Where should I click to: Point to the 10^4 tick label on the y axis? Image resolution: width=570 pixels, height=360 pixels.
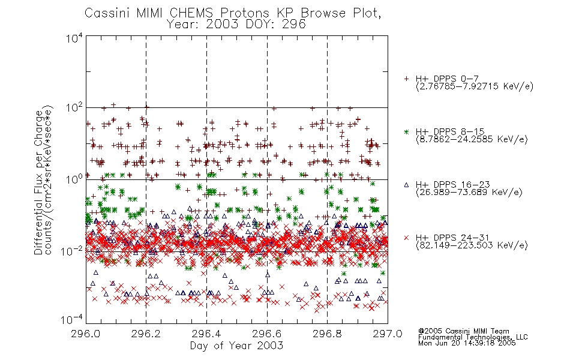(74, 38)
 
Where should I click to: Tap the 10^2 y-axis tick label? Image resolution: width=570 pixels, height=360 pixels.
(74, 108)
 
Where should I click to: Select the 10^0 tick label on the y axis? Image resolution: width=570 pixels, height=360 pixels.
(74, 179)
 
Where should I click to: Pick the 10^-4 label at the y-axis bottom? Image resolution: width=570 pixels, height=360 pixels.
(72, 320)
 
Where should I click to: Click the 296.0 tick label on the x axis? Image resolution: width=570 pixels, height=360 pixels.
(86, 334)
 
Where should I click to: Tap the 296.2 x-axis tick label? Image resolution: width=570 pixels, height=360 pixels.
(146, 334)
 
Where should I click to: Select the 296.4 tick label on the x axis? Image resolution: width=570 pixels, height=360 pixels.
(206, 334)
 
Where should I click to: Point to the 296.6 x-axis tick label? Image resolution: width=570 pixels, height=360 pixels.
(267, 334)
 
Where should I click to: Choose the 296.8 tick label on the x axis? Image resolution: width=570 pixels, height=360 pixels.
(327, 334)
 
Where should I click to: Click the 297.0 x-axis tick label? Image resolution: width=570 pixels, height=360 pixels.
(388, 334)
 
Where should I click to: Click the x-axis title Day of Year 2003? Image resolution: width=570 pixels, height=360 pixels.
(236, 346)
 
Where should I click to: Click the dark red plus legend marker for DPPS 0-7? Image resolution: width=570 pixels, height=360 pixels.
(406, 78)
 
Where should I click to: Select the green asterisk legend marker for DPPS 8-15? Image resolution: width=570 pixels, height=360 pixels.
(406, 131)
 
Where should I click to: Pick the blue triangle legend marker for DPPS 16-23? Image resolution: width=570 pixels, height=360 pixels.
(406, 185)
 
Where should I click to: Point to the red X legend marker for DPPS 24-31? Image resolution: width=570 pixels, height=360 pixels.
(406, 238)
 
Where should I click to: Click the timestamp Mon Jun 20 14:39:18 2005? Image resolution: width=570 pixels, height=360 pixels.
(467, 343)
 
